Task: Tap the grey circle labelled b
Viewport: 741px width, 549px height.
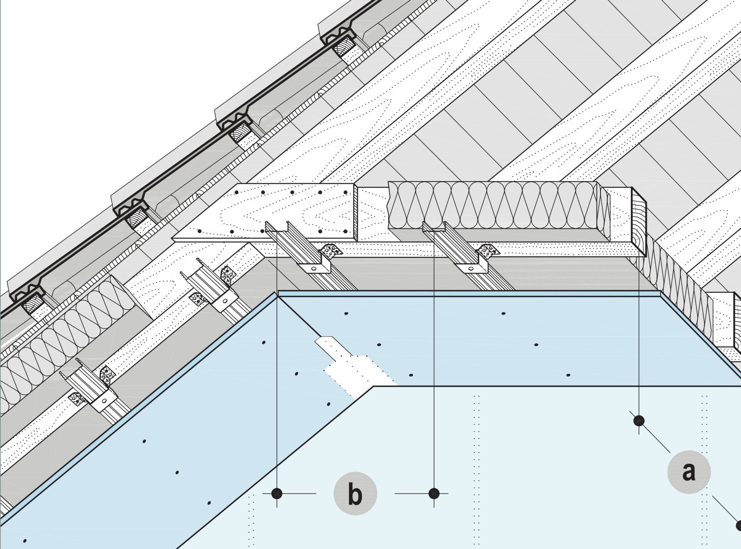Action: click(355, 493)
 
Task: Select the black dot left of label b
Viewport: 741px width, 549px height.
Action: click(277, 493)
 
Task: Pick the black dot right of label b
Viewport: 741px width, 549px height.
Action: click(434, 493)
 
